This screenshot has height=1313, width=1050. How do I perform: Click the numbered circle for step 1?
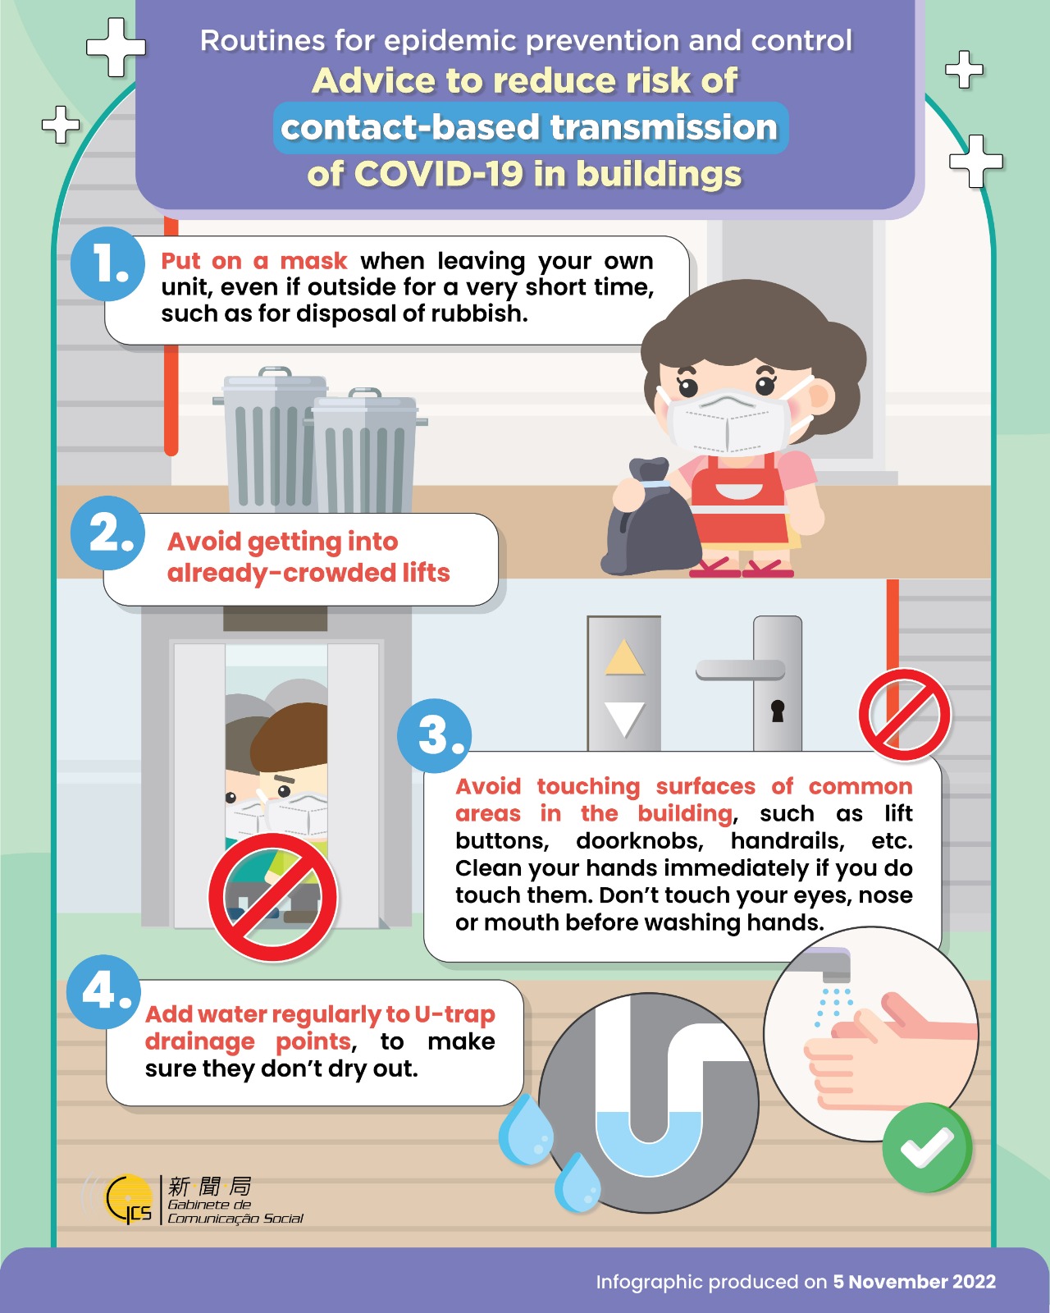[x=108, y=263]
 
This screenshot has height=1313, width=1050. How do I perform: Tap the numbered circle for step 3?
[x=435, y=735]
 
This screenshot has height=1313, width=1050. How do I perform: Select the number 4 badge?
[x=103, y=991]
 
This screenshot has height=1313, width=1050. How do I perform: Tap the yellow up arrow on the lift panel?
[x=624, y=657]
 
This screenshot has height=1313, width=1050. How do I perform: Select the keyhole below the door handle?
[x=778, y=711]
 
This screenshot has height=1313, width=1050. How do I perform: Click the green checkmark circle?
[x=927, y=1148]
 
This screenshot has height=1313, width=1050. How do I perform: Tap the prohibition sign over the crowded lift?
[x=272, y=897]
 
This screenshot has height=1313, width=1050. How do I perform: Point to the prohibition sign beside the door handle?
[x=905, y=715]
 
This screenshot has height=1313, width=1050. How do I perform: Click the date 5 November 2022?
[x=915, y=1281]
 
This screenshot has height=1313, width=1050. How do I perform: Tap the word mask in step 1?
[x=313, y=261]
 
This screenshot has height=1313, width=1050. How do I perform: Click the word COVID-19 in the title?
[x=439, y=174]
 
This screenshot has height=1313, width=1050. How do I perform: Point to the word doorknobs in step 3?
[x=639, y=841]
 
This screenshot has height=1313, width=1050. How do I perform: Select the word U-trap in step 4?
[x=454, y=1014]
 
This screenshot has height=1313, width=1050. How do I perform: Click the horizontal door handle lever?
[x=740, y=670]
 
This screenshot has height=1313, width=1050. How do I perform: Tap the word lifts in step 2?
[x=426, y=573]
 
